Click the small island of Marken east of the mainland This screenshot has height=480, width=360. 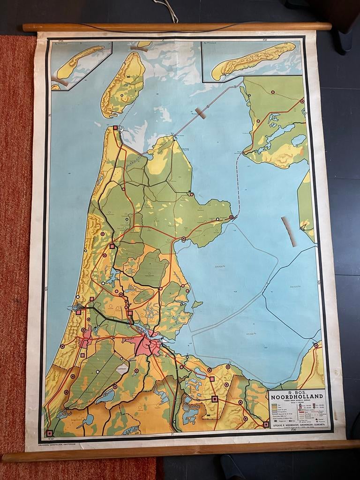197,304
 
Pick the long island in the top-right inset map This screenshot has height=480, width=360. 253,60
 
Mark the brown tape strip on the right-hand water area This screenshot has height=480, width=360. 289,231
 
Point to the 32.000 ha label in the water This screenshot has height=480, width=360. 295,286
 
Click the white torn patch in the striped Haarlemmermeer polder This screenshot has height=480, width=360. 122,368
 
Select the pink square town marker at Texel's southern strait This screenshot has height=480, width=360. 115,127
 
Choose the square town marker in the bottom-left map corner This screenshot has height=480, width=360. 49,433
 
